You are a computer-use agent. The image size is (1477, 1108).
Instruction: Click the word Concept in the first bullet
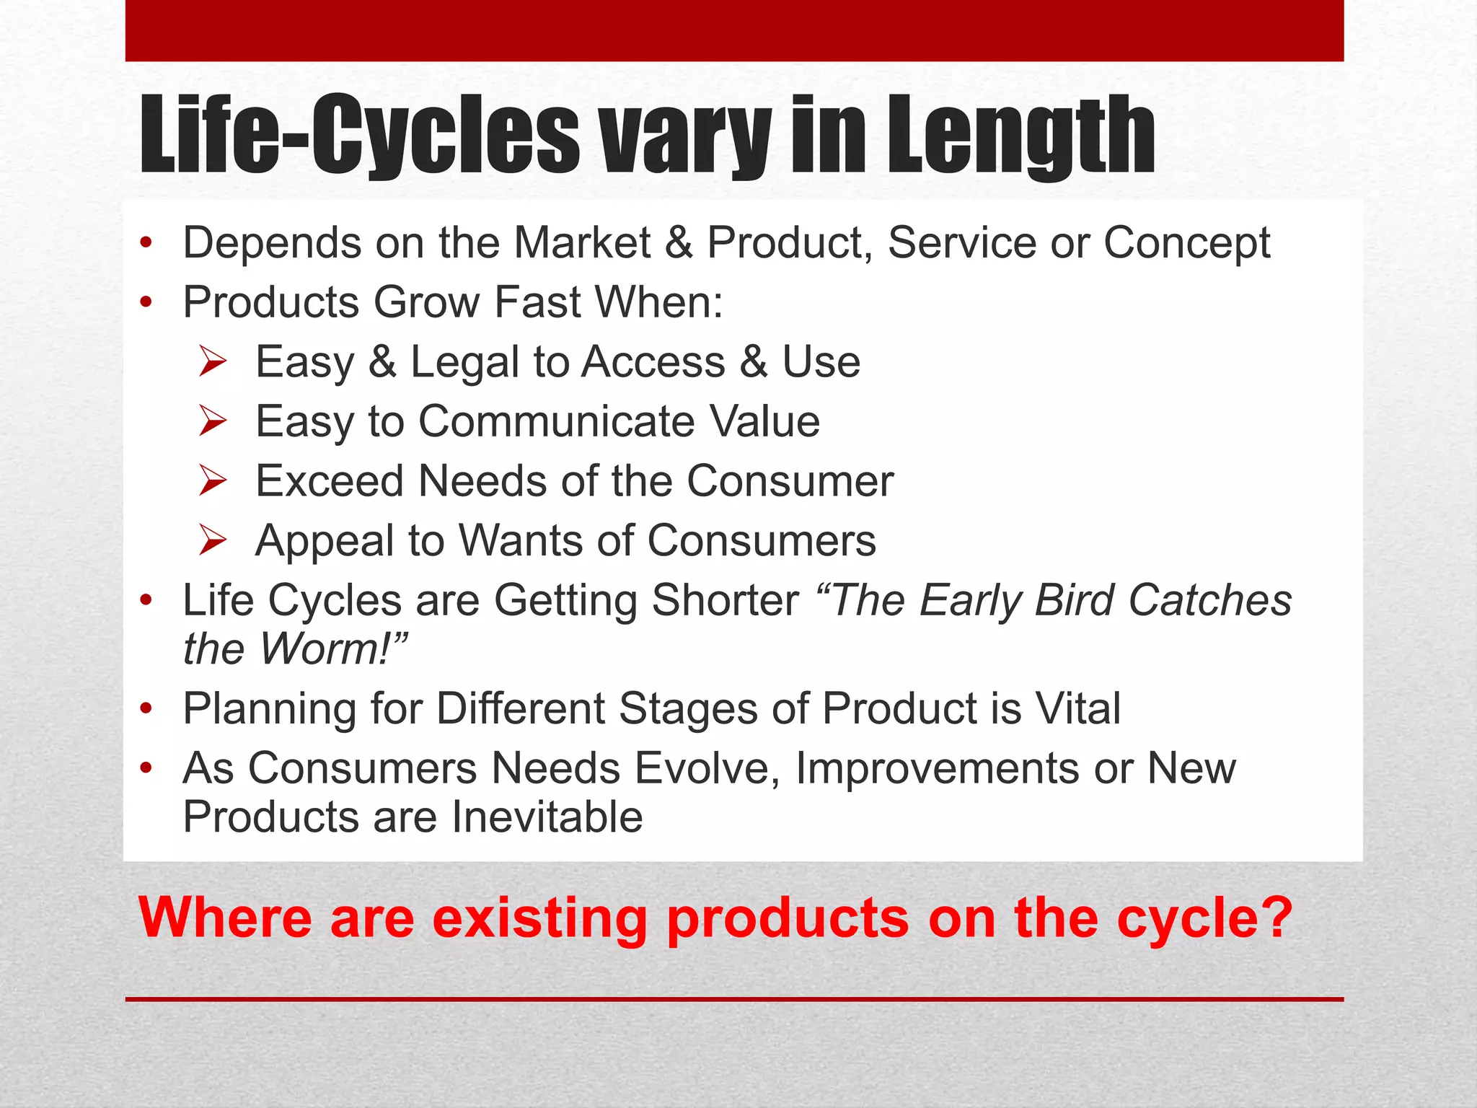pos(1186,243)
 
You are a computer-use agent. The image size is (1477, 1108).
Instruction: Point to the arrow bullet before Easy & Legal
pos(213,361)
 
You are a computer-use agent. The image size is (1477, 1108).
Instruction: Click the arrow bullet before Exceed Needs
pos(213,481)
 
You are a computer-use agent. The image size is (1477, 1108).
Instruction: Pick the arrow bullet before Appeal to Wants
pos(213,540)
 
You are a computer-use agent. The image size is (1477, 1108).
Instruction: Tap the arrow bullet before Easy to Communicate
pos(213,421)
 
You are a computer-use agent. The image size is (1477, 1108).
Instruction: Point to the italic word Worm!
pos(333,648)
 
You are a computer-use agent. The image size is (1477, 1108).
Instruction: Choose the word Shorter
pos(725,600)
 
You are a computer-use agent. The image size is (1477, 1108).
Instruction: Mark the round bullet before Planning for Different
pos(146,709)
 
